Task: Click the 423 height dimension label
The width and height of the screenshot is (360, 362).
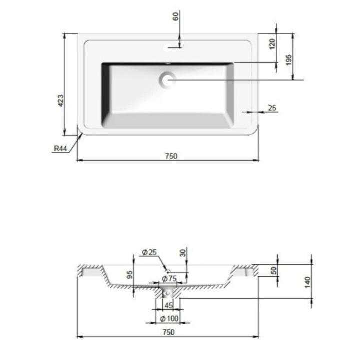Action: pos(60,100)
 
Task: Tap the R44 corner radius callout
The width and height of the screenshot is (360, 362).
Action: pos(60,148)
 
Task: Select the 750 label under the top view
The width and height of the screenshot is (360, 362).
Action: pos(171,156)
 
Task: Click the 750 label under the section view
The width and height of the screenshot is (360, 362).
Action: pos(168,332)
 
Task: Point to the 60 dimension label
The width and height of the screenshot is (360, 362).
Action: pos(176,16)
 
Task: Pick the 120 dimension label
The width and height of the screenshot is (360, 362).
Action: pos(272,44)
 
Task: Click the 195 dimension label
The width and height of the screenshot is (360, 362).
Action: pos(288,60)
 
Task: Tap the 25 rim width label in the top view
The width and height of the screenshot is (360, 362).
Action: pos(272,108)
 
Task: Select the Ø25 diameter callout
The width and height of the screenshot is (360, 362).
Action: pos(149,252)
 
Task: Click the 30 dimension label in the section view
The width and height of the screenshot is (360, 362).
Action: pos(183,253)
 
